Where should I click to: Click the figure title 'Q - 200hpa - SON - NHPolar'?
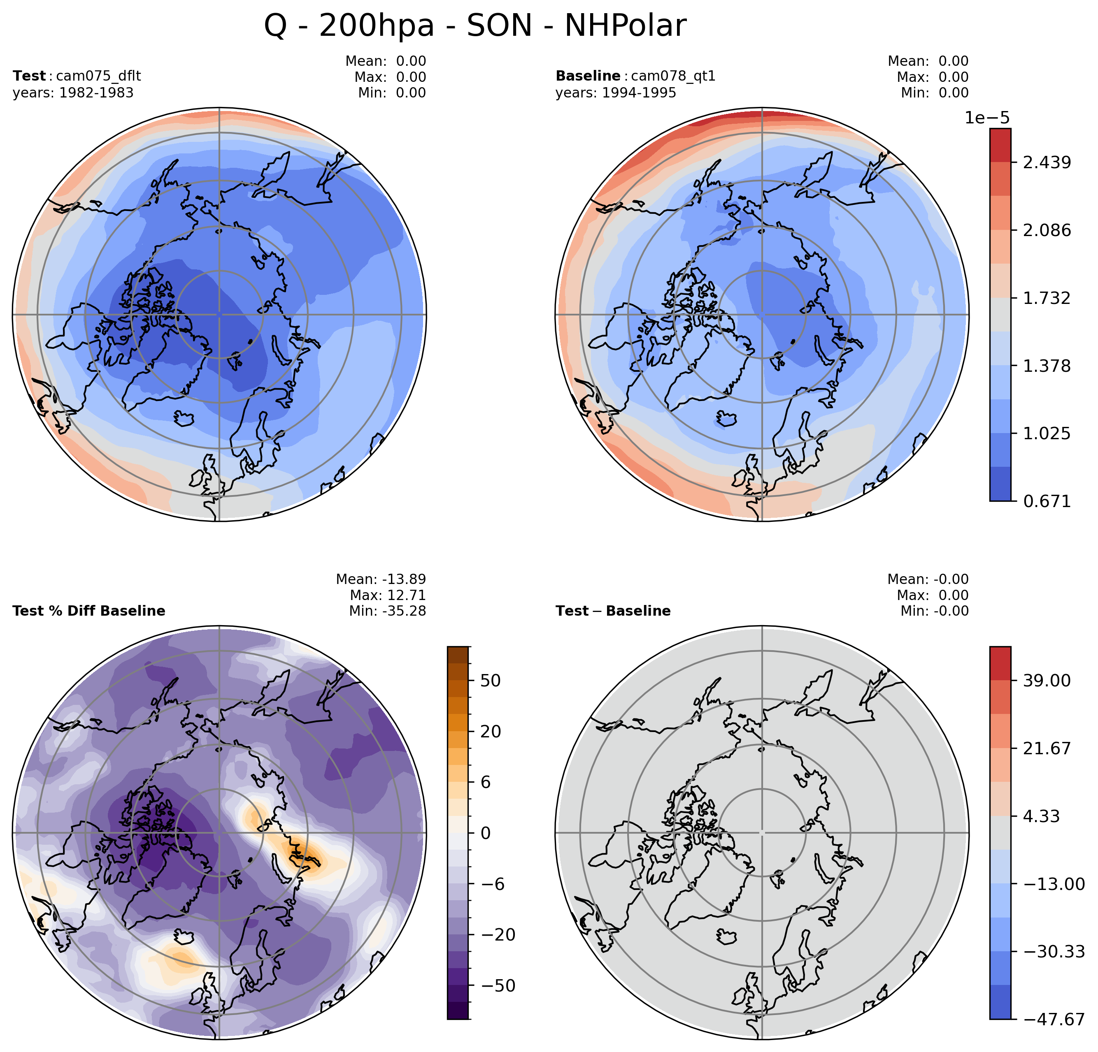[x=475, y=26]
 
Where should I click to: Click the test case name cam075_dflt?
[x=99, y=76]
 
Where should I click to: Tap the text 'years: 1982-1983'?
[x=73, y=93]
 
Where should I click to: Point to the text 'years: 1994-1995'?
[x=616, y=93]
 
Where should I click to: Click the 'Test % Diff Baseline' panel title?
[x=88, y=611]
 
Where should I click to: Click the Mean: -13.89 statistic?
[x=381, y=579]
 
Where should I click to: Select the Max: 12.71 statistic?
[x=388, y=595]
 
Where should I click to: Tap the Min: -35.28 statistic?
[x=387, y=611]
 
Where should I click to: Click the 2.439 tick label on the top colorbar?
[x=1047, y=163]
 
